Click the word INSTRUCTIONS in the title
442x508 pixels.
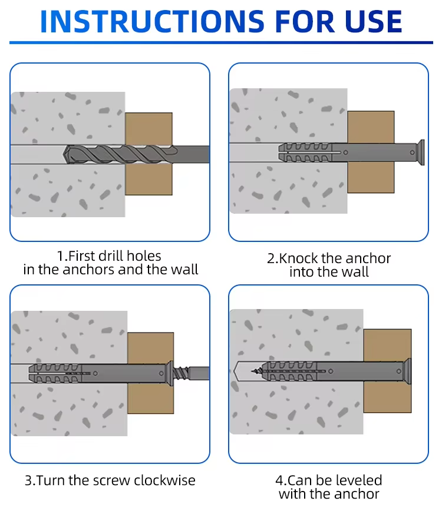[153, 21]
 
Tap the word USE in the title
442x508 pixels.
[373, 21]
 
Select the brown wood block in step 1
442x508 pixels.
[149, 154]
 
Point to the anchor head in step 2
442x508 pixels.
[421, 152]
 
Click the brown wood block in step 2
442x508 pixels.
[371, 152]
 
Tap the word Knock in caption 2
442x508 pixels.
[298, 258]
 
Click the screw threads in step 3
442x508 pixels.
[181, 373]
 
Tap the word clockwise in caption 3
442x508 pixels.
[164, 480]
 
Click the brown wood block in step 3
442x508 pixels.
[150, 373]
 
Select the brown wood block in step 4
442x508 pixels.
[387, 371]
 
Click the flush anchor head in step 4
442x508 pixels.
[407, 371]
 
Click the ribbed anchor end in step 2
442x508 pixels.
[305, 152]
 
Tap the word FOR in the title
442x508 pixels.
[305, 21]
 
